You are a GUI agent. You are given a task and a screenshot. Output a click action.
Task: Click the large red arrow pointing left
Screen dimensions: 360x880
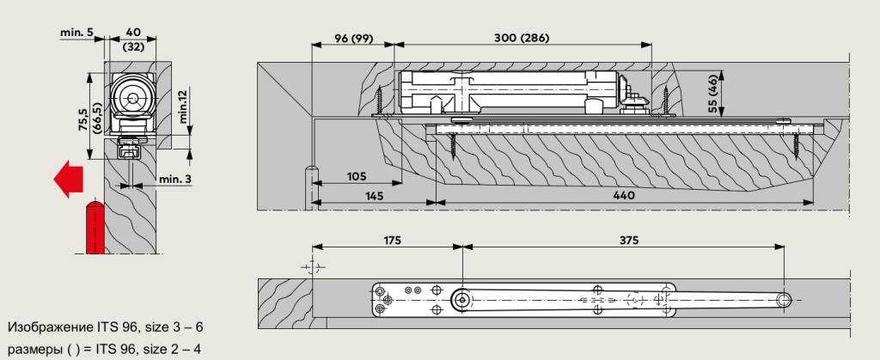pos(68,179)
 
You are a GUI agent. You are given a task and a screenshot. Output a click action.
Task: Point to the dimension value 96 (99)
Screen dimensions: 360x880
pos(351,38)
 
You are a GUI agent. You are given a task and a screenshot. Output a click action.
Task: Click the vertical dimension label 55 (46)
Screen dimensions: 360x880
pos(712,92)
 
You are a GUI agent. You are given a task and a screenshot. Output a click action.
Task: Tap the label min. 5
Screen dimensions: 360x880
pos(77,32)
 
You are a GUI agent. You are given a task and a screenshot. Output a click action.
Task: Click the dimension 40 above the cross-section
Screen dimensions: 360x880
pos(132,32)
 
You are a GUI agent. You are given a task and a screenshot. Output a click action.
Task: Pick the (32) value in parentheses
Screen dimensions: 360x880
pos(132,46)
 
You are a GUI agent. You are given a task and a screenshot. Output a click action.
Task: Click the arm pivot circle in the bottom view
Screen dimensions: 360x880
pos(462,300)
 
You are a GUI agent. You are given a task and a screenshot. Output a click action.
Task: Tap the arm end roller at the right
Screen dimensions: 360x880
pos(784,300)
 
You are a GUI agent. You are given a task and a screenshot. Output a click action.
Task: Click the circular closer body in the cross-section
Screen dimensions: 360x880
pos(133,99)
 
